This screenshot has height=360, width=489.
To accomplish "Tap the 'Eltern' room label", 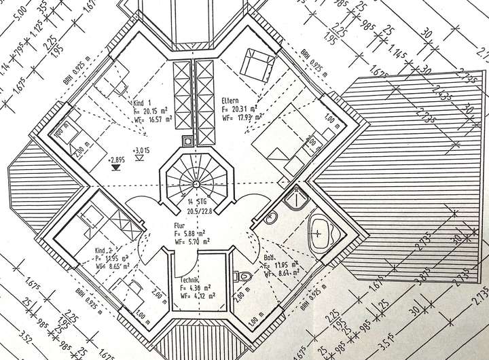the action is click(230, 101).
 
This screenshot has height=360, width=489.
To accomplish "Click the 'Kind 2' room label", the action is click(105, 251).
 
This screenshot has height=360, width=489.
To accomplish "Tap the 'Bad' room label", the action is click(269, 258).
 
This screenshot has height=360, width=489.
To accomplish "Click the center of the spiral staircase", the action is click(194, 182).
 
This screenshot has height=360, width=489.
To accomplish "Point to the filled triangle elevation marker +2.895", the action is click(113, 163).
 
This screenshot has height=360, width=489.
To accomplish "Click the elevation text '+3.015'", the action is click(141, 151).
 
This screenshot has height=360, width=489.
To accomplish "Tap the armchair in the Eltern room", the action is click(257, 63).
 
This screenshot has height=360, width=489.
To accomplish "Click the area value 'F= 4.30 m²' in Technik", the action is click(195, 288).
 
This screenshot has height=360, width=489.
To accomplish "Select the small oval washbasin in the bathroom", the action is click(271, 219).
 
